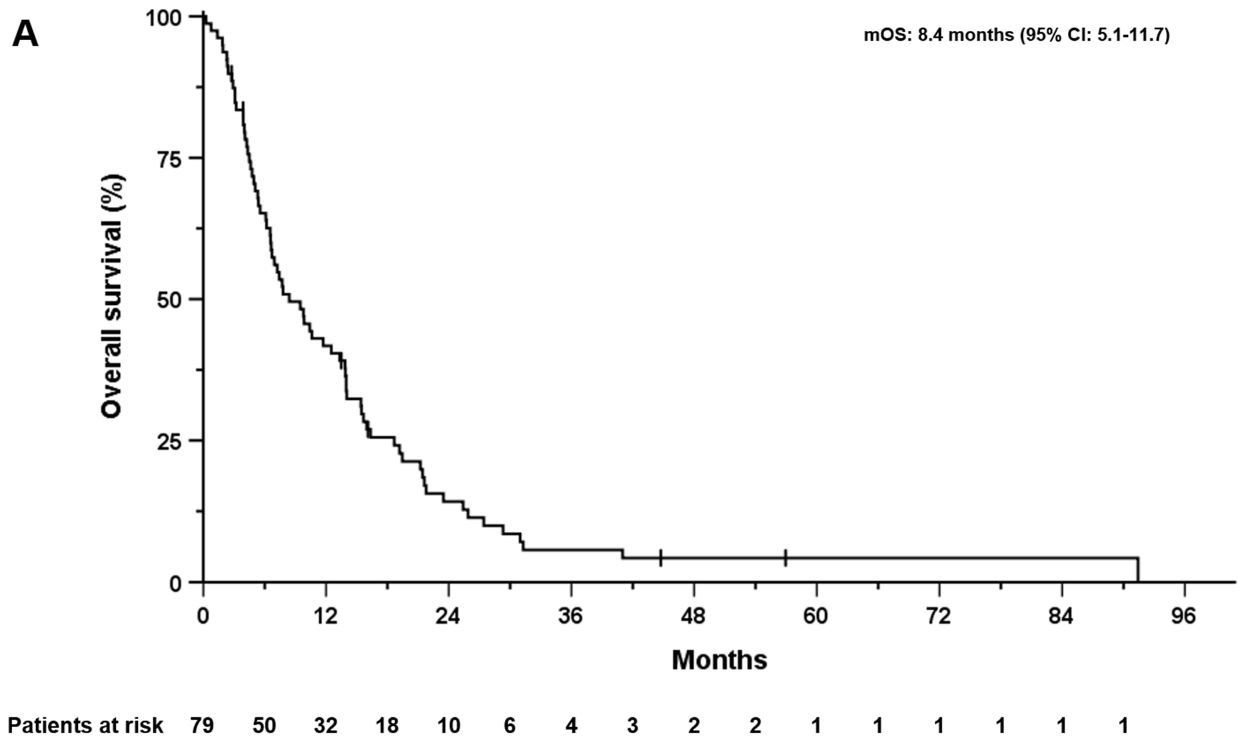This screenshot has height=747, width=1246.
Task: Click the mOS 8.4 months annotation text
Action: coord(1016,35)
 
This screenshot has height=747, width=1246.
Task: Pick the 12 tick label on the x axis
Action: coord(325,616)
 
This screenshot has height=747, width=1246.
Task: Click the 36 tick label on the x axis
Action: coord(571,616)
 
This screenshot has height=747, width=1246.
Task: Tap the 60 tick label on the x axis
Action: coord(816,616)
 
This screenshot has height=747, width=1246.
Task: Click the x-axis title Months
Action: coord(719,660)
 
